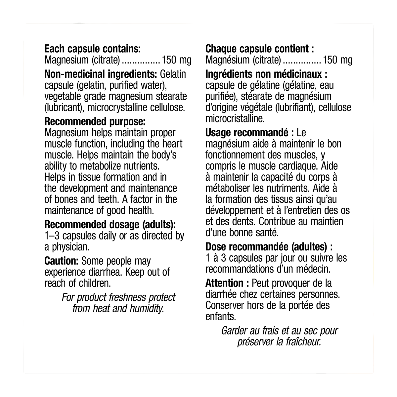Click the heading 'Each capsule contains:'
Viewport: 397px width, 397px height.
tap(93, 49)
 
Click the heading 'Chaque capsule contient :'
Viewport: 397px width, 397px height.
tap(259, 49)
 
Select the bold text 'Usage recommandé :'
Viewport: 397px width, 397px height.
tap(250, 133)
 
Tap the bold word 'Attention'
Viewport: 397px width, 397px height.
tap(225, 283)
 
